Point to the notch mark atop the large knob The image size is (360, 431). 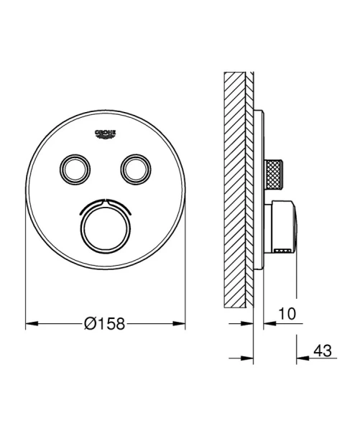[105, 199]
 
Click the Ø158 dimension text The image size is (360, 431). [105, 324]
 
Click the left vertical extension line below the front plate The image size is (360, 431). [25, 287]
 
